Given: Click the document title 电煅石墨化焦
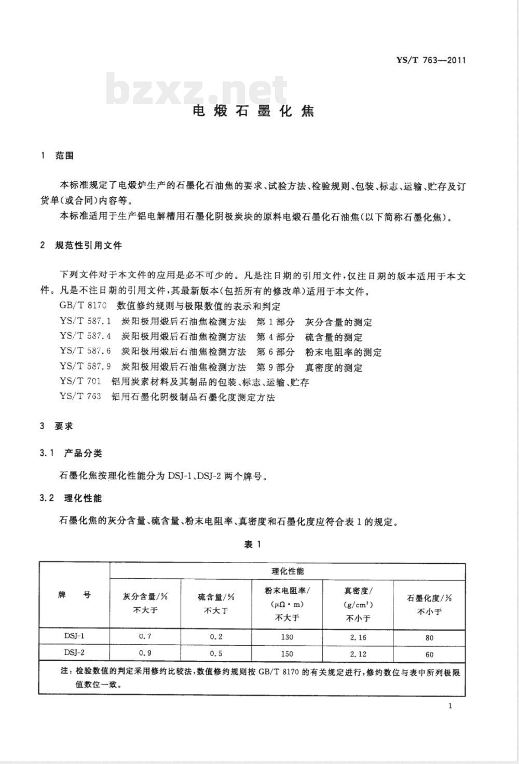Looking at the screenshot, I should point(254,111).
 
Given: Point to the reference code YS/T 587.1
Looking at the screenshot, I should point(85,322).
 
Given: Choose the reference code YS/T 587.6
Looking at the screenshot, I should point(85,352).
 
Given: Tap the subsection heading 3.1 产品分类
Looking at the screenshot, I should point(71,453).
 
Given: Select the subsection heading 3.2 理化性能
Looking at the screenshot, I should point(71,498).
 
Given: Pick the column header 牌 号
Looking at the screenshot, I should point(74,595).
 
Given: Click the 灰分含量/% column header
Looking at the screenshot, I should point(145,603).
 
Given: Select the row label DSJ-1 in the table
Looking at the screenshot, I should point(74,636).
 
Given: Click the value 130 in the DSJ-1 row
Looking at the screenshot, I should point(286,637).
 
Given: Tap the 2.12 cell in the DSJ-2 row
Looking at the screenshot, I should point(358,654).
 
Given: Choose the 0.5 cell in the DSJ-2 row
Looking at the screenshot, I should point(216,653).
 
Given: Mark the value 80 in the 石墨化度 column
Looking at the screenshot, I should point(429,637).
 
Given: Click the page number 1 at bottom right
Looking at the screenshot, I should point(450,706).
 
